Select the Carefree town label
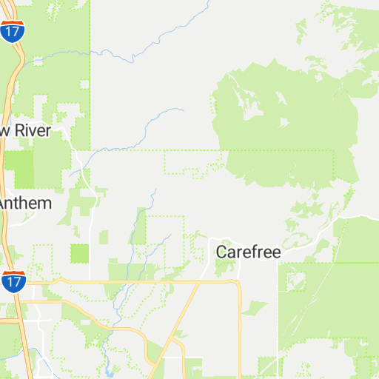(x=248, y=252)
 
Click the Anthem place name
(x=26, y=203)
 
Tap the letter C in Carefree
(x=221, y=252)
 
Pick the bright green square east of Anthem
(x=79, y=253)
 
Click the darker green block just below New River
(x=19, y=169)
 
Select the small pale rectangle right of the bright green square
(x=103, y=238)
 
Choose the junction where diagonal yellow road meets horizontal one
(x=199, y=282)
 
